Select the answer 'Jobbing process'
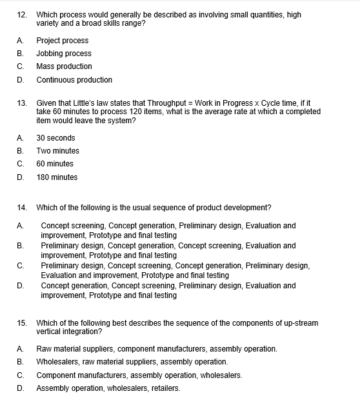tap(64, 54)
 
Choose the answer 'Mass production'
tap(64, 66)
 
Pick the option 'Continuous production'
tap(74, 80)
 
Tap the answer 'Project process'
tap(63, 40)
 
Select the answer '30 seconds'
tap(55, 137)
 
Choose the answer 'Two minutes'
tap(58, 150)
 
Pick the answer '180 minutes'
tap(57, 177)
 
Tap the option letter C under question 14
tap(21, 266)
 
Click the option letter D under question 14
tap(21, 286)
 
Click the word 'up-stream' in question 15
tap(300, 323)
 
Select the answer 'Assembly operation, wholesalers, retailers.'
tap(108, 388)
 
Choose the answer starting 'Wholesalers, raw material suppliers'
tap(132, 362)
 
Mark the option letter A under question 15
tap(21, 349)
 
